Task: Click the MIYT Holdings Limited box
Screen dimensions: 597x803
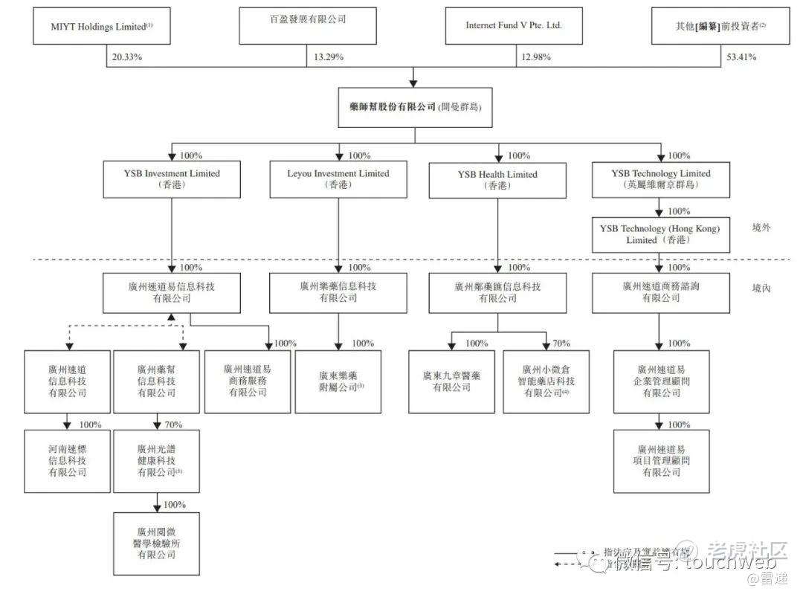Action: [x=103, y=27]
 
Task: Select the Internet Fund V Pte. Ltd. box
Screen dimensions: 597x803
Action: [x=514, y=25]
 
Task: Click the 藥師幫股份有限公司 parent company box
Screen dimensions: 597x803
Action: [x=415, y=107]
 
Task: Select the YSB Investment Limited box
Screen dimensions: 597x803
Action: [x=172, y=179]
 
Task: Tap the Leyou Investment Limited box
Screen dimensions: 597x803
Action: [x=338, y=179]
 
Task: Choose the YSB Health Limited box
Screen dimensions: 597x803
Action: [x=497, y=179]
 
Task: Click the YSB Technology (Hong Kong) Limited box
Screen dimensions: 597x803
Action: [x=660, y=234]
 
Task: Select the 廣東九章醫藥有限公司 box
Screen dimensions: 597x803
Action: [x=451, y=381]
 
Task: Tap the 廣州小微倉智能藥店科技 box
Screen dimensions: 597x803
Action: [x=546, y=381]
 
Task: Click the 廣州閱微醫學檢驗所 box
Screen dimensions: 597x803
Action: [x=157, y=543]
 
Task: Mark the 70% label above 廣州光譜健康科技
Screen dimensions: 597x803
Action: [x=173, y=425]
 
